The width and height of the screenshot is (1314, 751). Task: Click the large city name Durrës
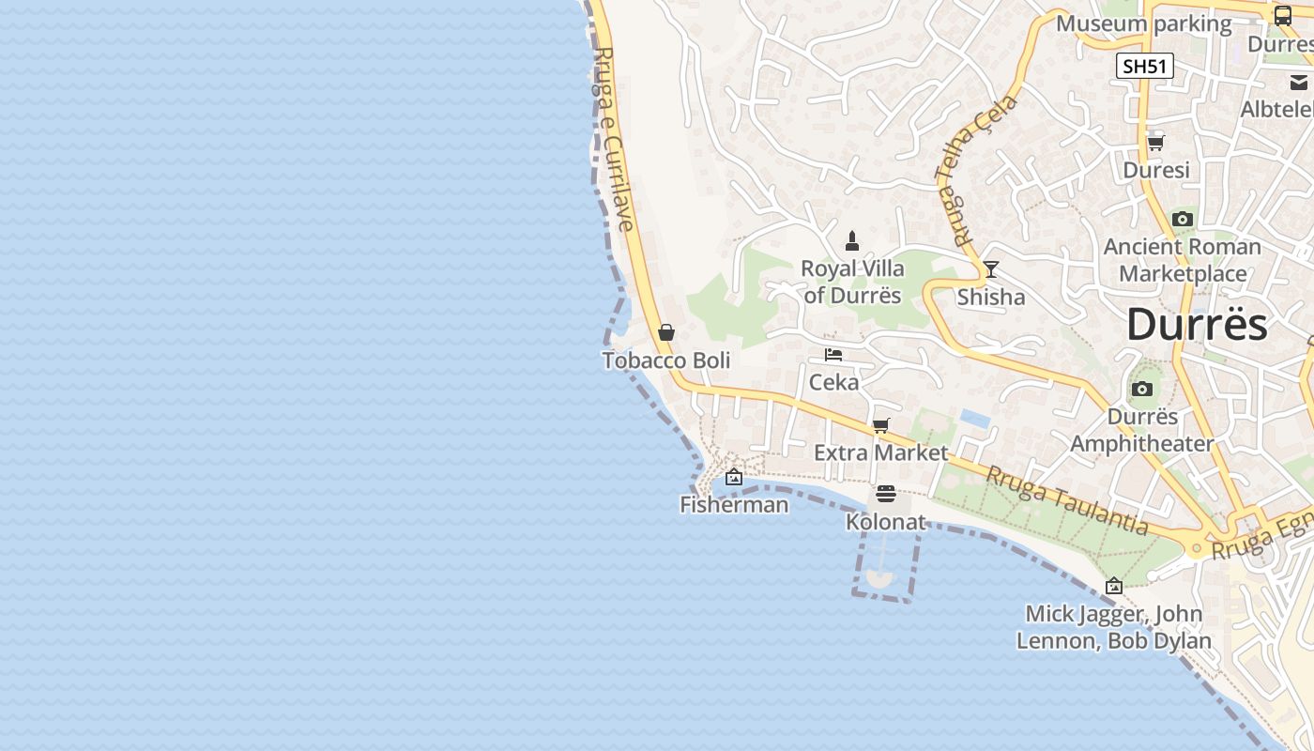pyautogui.click(x=1197, y=325)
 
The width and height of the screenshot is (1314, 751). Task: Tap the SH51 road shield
pyautogui.click(x=1145, y=66)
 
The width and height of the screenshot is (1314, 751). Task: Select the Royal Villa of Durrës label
pyautogui.click(x=852, y=282)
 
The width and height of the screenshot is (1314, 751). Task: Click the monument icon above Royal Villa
pyautogui.click(x=852, y=241)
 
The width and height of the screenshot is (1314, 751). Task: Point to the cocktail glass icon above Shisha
pyautogui.click(x=990, y=270)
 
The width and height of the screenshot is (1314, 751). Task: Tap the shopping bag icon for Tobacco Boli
pyautogui.click(x=666, y=332)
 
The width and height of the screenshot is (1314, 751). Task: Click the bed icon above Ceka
pyautogui.click(x=833, y=355)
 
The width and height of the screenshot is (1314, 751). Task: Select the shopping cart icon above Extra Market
pyautogui.click(x=880, y=426)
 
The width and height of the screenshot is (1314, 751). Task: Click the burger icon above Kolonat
pyautogui.click(x=886, y=494)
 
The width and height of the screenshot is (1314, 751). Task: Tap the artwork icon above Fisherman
pyautogui.click(x=734, y=478)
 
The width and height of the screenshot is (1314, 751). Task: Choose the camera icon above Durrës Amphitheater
pyautogui.click(x=1142, y=389)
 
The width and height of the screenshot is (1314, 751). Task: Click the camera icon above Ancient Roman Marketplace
pyautogui.click(x=1183, y=220)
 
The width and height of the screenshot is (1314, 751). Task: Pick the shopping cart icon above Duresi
pyautogui.click(x=1156, y=143)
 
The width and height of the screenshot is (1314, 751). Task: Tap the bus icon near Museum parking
pyautogui.click(x=1283, y=15)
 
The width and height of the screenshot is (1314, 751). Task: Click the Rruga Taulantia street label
pyautogui.click(x=1066, y=500)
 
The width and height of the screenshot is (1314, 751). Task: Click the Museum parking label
pyautogui.click(x=1143, y=23)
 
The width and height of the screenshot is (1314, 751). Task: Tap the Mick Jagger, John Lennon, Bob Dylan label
pyautogui.click(x=1114, y=628)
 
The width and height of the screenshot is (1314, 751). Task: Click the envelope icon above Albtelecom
pyautogui.click(x=1299, y=83)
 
